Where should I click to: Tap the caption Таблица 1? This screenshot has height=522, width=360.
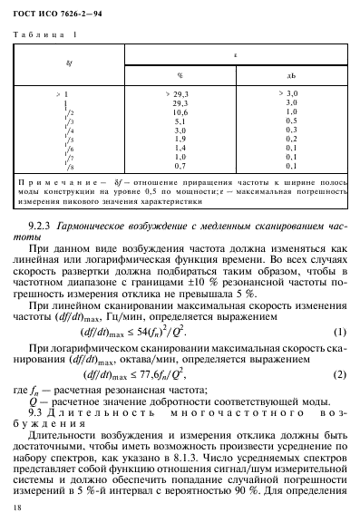pyautogui.click(x=44, y=34)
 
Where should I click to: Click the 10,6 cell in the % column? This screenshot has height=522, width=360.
pyautogui.click(x=180, y=112)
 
